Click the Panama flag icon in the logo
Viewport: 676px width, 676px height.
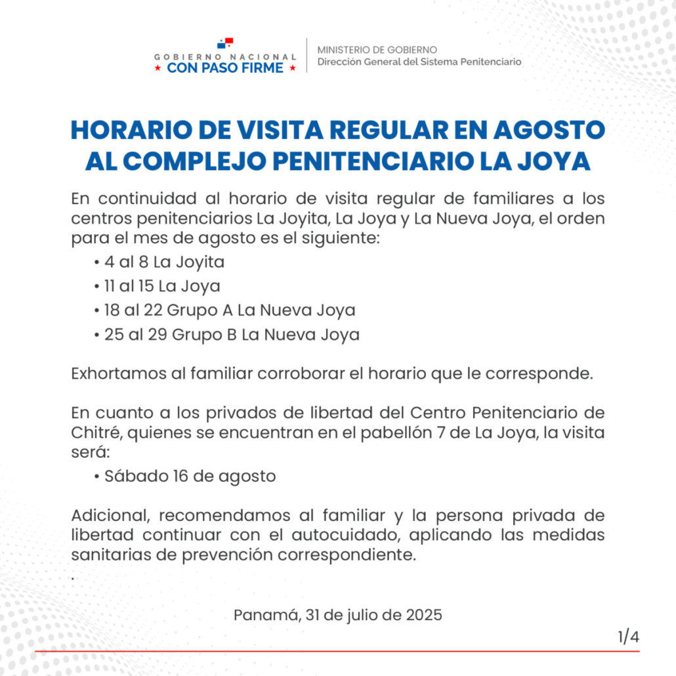225,44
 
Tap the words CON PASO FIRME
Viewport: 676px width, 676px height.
225,68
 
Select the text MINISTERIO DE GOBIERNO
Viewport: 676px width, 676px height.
377,50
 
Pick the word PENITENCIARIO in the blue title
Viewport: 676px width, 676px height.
371,161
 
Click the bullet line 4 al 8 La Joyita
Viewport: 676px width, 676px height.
164,263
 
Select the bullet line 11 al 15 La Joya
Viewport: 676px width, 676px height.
161,287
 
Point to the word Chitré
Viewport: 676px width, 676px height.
93,433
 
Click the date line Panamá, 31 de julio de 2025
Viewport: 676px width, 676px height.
338,616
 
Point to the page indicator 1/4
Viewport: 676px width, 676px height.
628,637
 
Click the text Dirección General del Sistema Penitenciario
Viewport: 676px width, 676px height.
419,62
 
